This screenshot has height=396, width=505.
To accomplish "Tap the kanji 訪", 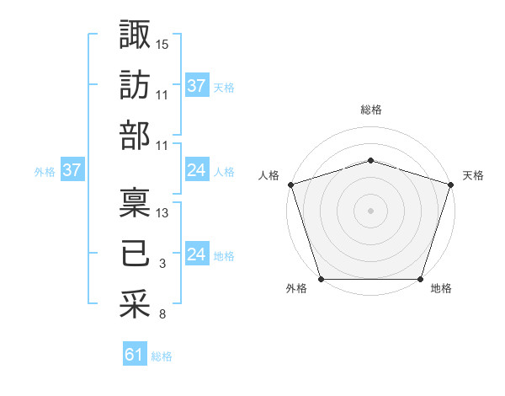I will [136, 84].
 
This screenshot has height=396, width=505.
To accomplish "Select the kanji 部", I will [136, 135].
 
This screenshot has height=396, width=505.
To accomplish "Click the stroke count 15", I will [162, 44].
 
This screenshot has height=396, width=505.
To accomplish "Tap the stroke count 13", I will [162, 212].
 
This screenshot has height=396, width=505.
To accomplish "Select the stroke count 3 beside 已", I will [162, 265].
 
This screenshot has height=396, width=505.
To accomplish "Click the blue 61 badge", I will [135, 355].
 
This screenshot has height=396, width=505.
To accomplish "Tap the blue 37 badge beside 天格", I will [196, 85].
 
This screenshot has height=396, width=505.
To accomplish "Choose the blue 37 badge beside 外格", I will [72, 170].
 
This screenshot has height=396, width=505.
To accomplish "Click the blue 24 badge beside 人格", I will [196, 170].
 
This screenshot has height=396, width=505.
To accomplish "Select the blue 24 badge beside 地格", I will [196, 254].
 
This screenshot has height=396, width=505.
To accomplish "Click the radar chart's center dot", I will [370, 210].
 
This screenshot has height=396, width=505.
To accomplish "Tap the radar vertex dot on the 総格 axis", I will [370, 160].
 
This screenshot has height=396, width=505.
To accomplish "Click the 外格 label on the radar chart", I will [296, 289].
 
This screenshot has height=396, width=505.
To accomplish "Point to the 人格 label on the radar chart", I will [269, 175].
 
